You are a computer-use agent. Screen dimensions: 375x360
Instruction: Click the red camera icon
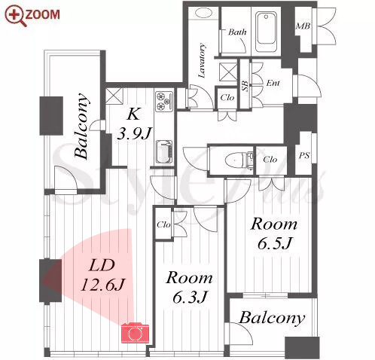click(x=135, y=333)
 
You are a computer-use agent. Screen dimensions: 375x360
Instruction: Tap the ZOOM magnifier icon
click(x=16, y=16)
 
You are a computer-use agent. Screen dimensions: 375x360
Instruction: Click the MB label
click(x=303, y=26)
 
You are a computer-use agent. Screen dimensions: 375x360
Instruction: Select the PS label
click(x=304, y=156)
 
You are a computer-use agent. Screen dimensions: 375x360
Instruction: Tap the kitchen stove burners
click(x=164, y=101)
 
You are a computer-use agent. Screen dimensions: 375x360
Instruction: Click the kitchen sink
click(x=164, y=152)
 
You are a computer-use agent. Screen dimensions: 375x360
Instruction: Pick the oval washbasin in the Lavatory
click(x=203, y=13)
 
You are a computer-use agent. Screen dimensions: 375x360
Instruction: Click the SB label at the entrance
click(x=245, y=86)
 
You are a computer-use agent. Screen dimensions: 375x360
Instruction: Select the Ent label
click(x=273, y=83)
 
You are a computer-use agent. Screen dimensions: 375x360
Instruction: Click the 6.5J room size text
click(x=275, y=243)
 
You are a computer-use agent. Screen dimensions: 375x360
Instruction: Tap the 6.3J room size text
click(x=190, y=297)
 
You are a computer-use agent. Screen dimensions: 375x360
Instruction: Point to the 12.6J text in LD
click(x=102, y=285)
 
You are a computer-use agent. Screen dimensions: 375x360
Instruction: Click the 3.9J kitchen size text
click(x=135, y=133)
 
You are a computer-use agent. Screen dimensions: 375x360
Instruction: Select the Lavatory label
click(x=202, y=60)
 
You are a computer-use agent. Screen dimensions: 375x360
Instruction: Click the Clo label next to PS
click(x=270, y=160)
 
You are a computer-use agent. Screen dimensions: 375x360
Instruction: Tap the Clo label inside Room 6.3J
click(x=163, y=224)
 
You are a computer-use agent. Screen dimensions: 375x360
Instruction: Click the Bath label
click(x=237, y=32)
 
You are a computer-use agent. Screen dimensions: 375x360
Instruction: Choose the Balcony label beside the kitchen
click(x=82, y=126)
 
